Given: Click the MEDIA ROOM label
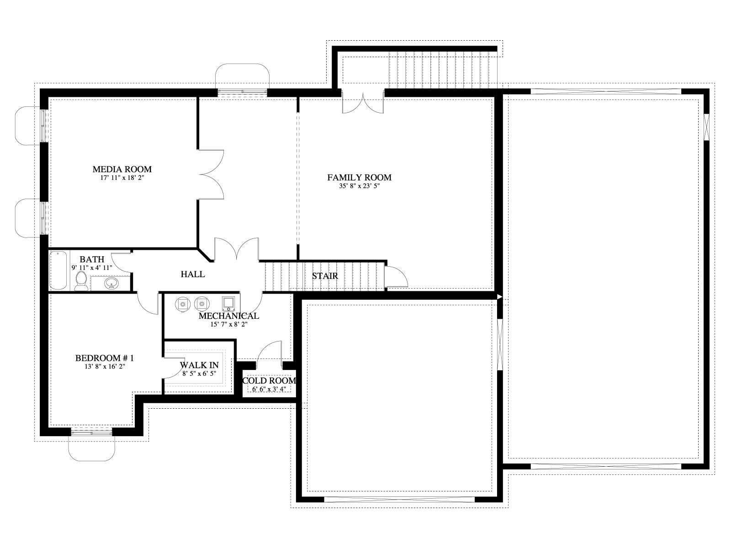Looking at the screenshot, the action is [x=122, y=169].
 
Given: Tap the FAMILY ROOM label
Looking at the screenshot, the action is [x=360, y=178].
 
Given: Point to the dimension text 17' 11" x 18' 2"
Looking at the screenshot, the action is [x=122, y=178].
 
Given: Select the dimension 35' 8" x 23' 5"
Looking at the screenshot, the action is [x=360, y=186].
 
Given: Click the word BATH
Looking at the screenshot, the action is [x=92, y=259].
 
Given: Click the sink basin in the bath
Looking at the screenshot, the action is [x=111, y=284].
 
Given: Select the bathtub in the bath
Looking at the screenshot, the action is [x=58, y=270].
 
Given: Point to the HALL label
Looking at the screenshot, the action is [x=192, y=274].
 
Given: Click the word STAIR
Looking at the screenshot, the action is [x=325, y=276].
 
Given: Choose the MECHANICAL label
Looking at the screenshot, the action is [x=229, y=316].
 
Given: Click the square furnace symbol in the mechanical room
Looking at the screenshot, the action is [x=228, y=304].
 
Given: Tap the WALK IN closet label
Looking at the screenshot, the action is [x=199, y=365].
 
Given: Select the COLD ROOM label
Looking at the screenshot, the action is [x=269, y=381].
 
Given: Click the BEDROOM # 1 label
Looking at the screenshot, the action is [x=105, y=358].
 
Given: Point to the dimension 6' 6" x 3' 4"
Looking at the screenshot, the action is [x=269, y=389].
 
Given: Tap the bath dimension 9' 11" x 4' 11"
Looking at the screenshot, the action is [x=92, y=268].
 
